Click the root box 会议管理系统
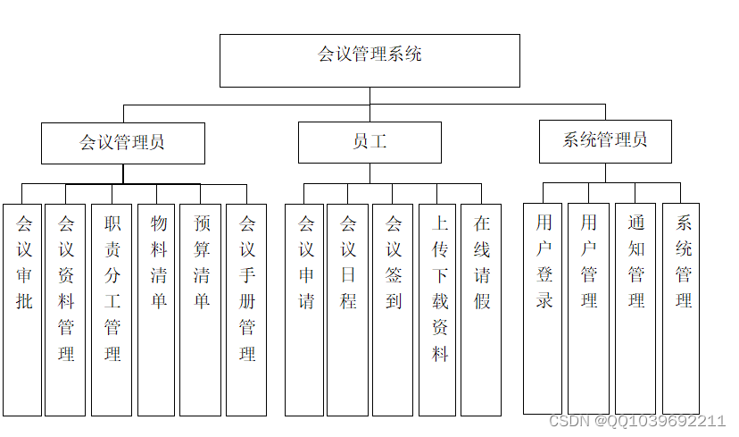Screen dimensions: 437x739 369,60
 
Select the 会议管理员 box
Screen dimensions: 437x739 122,143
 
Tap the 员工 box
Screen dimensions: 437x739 369,143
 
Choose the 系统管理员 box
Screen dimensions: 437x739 604,141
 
